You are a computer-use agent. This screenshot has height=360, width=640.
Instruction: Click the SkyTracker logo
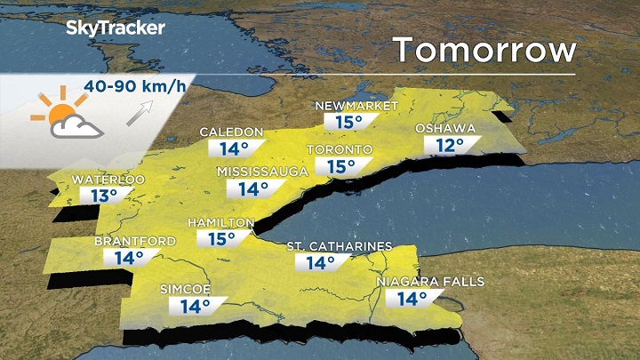[115, 28]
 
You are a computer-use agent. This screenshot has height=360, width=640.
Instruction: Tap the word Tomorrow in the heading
[485, 49]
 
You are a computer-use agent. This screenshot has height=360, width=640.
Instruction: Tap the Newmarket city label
[356, 107]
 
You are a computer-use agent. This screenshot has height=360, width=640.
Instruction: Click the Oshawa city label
[445, 129]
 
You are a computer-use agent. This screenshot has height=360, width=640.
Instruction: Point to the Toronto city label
[339, 148]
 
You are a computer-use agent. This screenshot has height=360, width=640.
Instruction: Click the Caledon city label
[231, 132]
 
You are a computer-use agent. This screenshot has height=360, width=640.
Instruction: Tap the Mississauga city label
[262, 171]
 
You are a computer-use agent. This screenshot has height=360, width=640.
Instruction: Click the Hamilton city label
[221, 222]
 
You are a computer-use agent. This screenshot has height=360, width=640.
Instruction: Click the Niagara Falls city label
[430, 282]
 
